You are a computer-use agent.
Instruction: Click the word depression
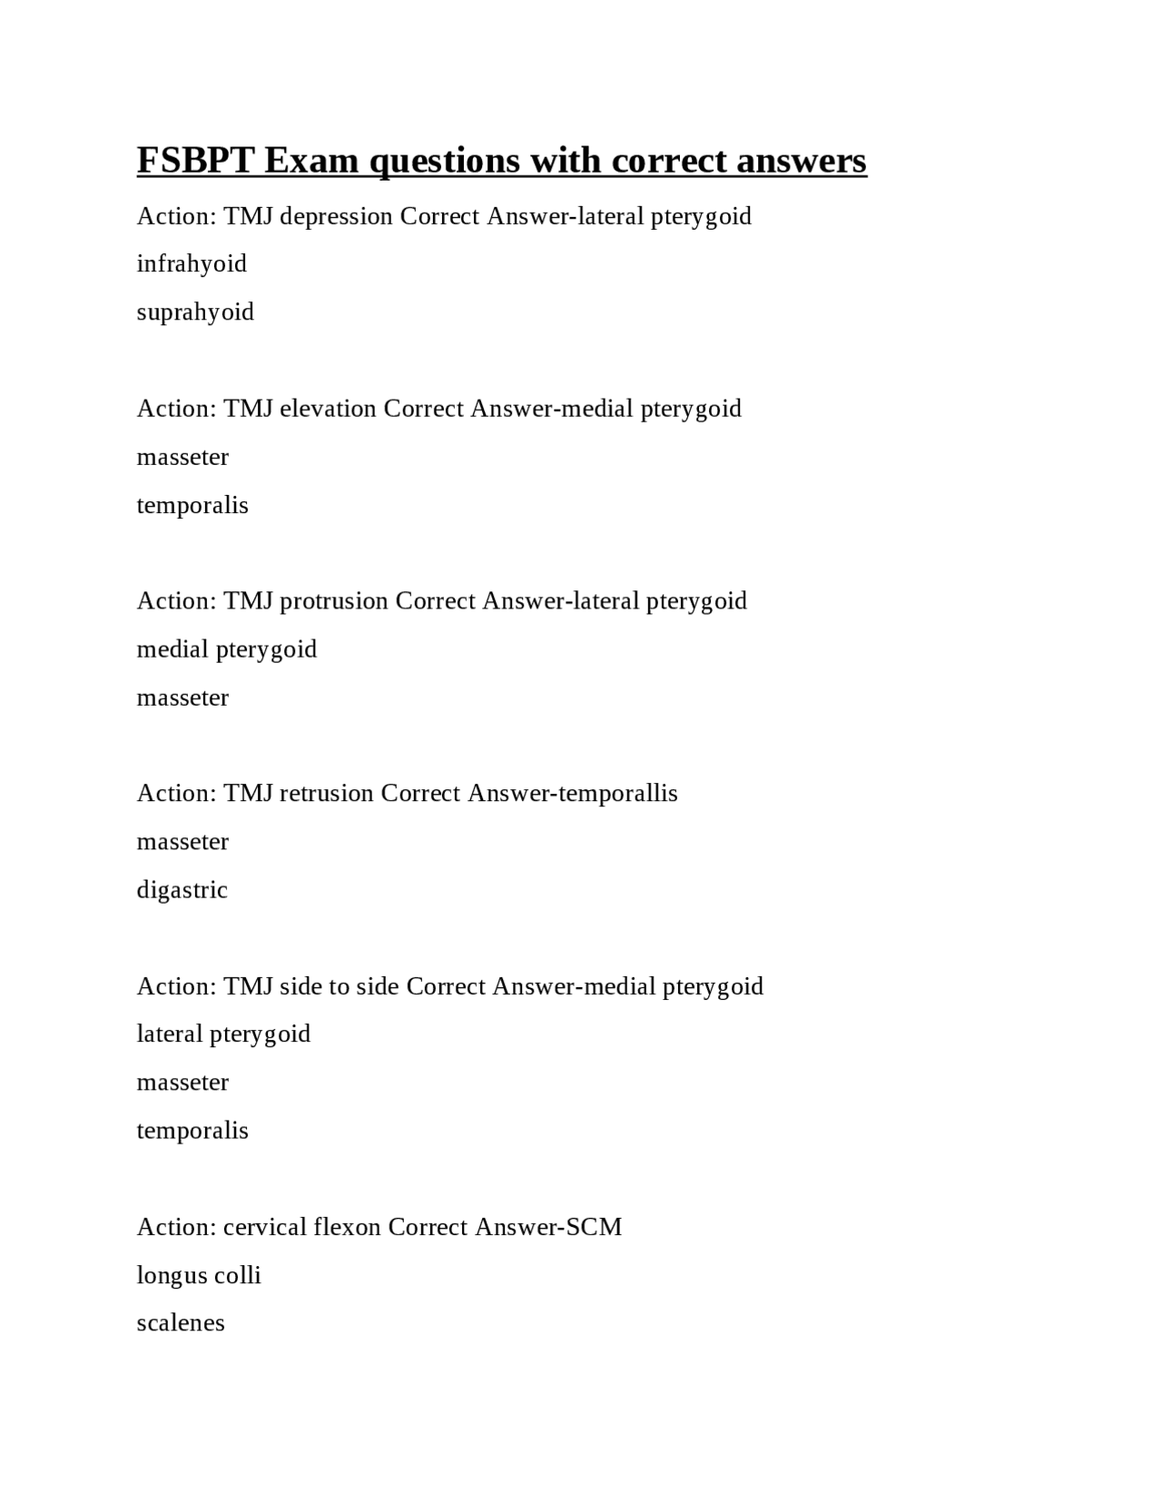coord(336,216)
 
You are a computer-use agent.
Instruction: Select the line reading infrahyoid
coord(192,264)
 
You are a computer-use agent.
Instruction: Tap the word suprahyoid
coord(195,312)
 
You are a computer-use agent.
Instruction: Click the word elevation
coord(328,409)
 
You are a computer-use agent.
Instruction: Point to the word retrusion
coord(326,794)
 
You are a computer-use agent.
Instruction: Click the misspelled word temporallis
coord(618,794)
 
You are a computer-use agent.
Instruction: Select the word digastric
coord(182,890)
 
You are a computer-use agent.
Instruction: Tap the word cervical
coord(264,1227)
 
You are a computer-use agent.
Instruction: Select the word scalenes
coord(181,1323)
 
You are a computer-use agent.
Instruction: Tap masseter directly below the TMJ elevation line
coord(182,457)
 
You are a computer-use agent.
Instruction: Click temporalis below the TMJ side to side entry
coord(192,1131)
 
